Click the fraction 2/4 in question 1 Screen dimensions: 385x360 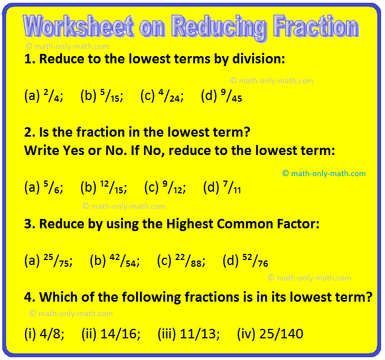[x=52, y=96]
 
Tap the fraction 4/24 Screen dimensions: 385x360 [x=169, y=96]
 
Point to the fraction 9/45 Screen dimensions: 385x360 [x=231, y=96]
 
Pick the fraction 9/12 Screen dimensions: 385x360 [x=173, y=187]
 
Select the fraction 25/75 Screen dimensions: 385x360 [x=57, y=261]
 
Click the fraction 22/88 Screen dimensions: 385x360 [x=188, y=261]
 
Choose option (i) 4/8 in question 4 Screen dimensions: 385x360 [x=44, y=334]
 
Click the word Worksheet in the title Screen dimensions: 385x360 [x=78, y=26]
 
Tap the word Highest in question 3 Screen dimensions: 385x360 [x=190, y=224]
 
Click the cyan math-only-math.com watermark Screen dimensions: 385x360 [x=324, y=174]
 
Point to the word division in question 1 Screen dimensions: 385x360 [x=258, y=59]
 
